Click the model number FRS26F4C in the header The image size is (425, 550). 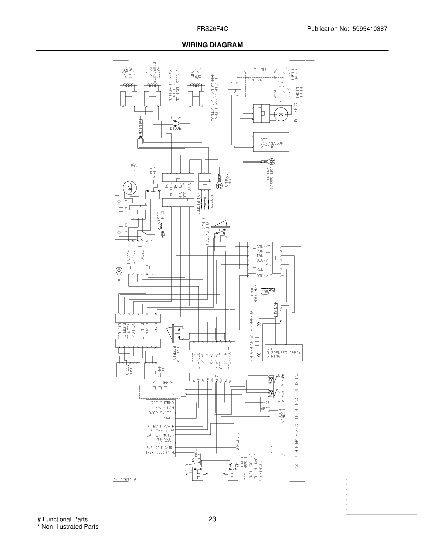[x=212, y=29]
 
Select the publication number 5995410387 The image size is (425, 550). [x=370, y=29]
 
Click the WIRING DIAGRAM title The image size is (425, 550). [x=212, y=45]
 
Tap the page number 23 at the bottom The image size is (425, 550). [x=212, y=519]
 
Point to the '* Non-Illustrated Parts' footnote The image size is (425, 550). [x=68, y=526]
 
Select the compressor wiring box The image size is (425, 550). [x=271, y=142]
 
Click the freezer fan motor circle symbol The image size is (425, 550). [x=130, y=187]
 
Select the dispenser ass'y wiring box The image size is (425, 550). [x=283, y=352]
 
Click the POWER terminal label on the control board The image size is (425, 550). [x=168, y=418]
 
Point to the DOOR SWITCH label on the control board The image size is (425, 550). [x=160, y=413]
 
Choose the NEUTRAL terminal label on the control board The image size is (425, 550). [x=166, y=442]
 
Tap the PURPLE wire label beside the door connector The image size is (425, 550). [x=263, y=251]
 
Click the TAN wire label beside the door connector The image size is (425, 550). [x=259, y=255]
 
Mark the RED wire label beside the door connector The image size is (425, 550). [x=259, y=269]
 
